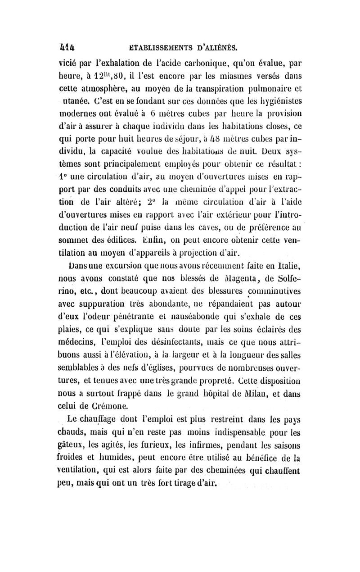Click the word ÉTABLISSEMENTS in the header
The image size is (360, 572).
(155, 46)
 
